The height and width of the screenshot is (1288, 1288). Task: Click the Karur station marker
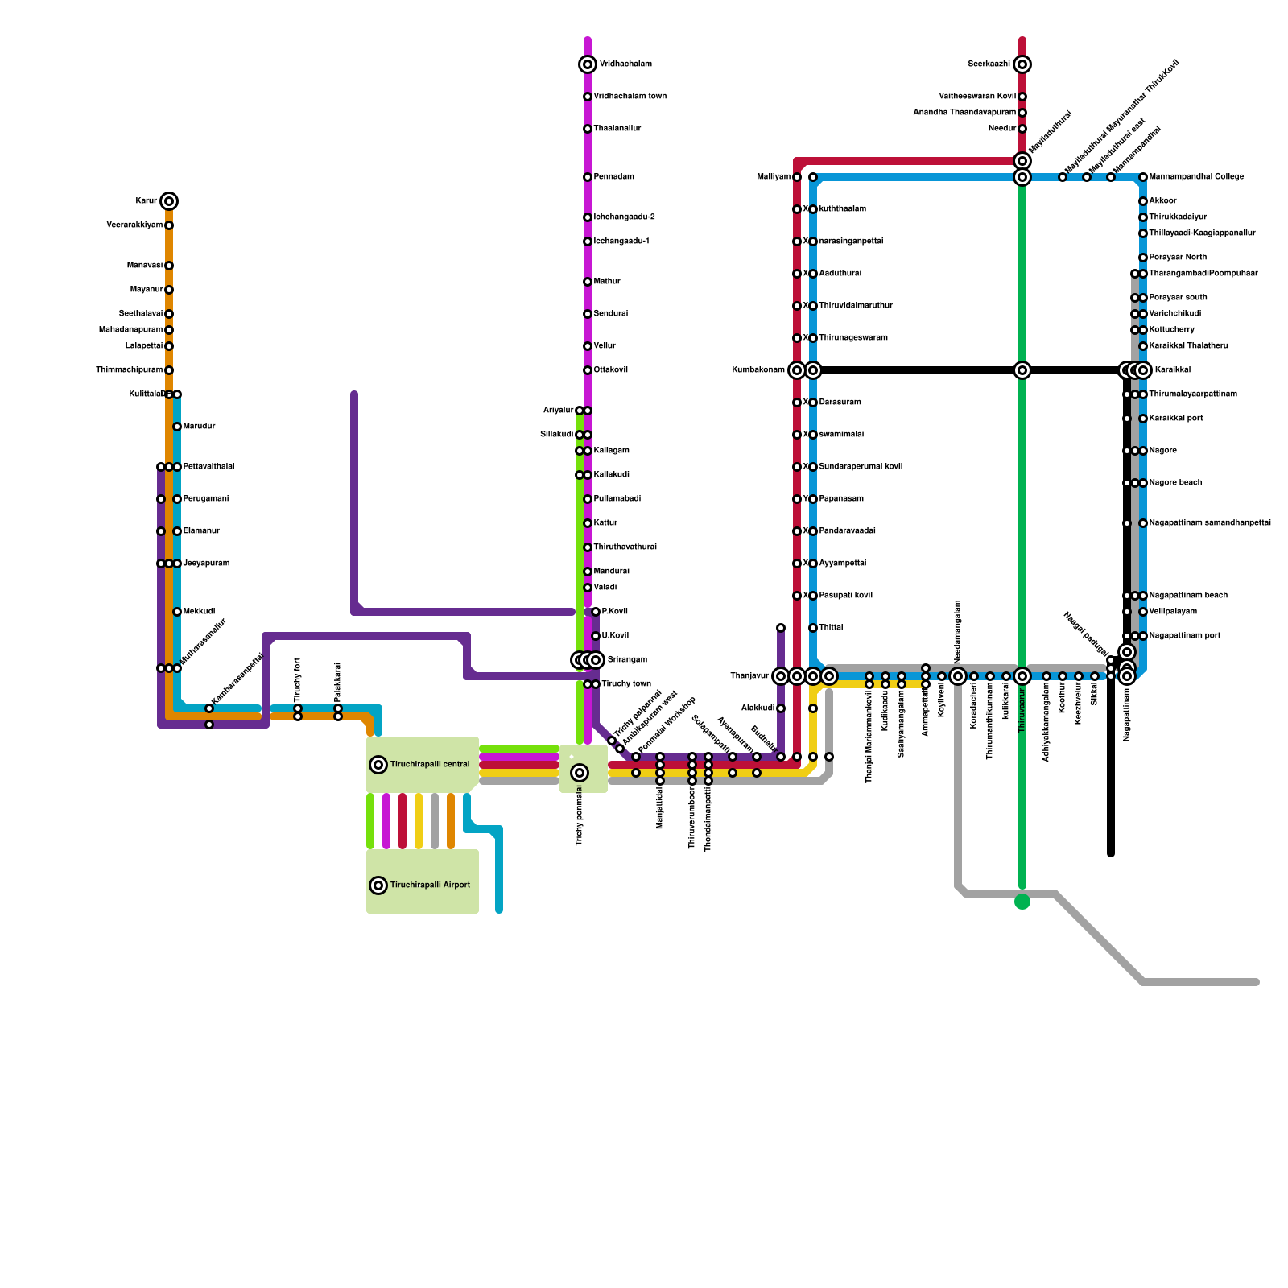pyautogui.click(x=168, y=201)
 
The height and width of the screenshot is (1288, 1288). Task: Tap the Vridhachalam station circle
pyautogui.click(x=588, y=64)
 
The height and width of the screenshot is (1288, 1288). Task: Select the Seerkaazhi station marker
pyautogui.click(x=1022, y=64)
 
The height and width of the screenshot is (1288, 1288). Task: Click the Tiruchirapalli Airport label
pyautogui.click(x=430, y=885)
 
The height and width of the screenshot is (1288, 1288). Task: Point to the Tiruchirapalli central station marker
pyautogui.click(x=378, y=765)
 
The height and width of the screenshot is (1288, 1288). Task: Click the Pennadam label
pyautogui.click(x=613, y=177)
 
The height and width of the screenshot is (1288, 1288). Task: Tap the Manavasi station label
pyautogui.click(x=144, y=266)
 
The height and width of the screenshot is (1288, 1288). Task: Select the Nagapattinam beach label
pyautogui.click(x=1188, y=596)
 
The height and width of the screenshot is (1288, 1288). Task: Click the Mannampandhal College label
pyautogui.click(x=1196, y=177)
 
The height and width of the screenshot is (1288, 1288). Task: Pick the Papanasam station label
pyautogui.click(x=841, y=499)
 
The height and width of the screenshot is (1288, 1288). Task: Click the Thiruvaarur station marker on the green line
pyautogui.click(x=1022, y=676)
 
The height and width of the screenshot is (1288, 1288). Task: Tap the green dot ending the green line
pyautogui.click(x=1022, y=902)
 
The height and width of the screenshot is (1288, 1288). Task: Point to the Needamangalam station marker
pyautogui.click(x=958, y=676)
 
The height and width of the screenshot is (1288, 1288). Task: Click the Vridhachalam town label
pyautogui.click(x=630, y=97)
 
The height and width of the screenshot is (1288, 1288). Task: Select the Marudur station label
pyautogui.click(x=199, y=427)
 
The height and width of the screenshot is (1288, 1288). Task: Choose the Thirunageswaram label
pyautogui.click(x=853, y=338)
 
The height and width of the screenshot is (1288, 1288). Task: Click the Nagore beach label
pyautogui.click(x=1175, y=483)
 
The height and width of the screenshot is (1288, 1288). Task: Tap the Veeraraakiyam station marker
pyautogui.click(x=169, y=225)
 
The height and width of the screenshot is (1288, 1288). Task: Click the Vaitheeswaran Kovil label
pyautogui.click(x=977, y=97)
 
